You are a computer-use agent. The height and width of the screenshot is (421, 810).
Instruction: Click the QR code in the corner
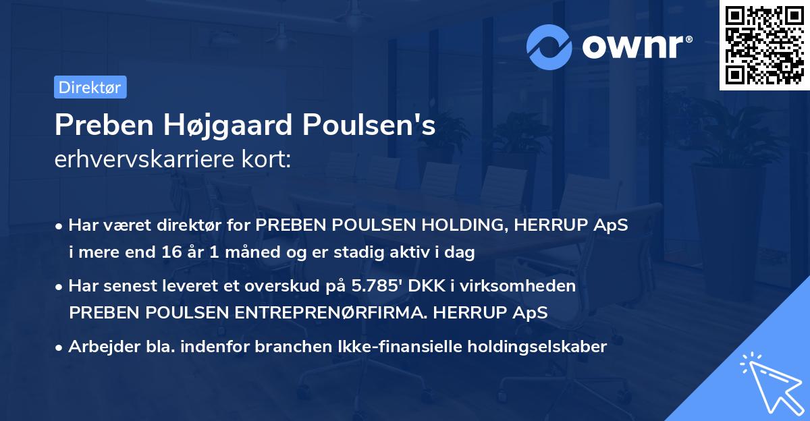[x=764, y=45]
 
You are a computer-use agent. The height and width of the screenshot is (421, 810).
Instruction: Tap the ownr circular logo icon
[x=549, y=47]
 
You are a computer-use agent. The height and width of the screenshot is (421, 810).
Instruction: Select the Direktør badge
[x=90, y=87]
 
